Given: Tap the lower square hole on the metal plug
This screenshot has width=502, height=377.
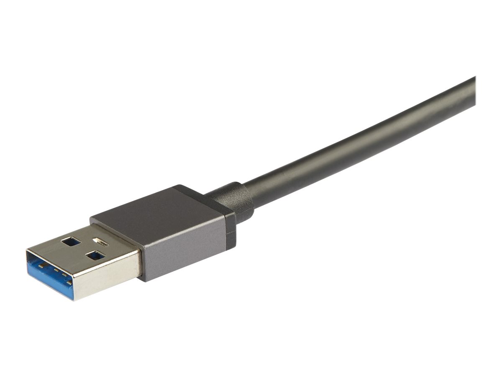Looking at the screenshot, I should [x=95, y=255].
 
